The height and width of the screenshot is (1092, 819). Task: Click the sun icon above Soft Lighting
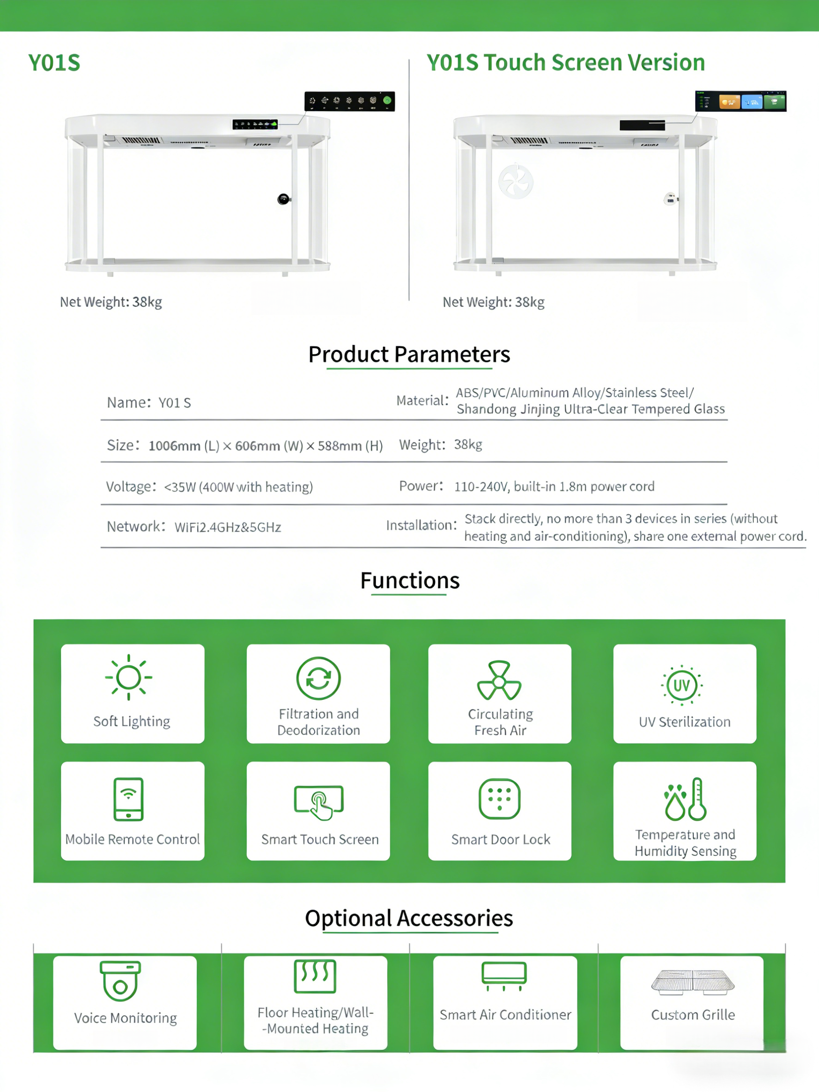coord(128,677)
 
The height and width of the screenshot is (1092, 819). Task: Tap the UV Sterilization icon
coord(682,685)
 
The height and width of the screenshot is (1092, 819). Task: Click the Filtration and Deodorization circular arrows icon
coord(318,678)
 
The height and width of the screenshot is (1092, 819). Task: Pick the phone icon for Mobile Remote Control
coord(128,799)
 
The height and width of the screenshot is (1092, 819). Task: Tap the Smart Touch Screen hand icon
coord(319,802)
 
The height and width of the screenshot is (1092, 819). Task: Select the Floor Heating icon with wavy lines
coord(315,976)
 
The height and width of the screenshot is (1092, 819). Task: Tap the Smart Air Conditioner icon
coord(504,976)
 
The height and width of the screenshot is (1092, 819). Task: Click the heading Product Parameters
coord(409,354)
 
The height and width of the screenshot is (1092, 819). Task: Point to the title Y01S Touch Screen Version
coord(566,63)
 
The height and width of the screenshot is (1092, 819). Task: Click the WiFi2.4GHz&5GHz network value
coord(228,527)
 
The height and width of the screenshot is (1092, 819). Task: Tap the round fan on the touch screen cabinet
coord(516,181)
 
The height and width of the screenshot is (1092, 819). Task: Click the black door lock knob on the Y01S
coord(283,199)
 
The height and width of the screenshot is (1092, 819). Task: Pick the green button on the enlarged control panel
coord(387,100)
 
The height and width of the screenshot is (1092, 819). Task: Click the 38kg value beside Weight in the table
coord(468,445)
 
